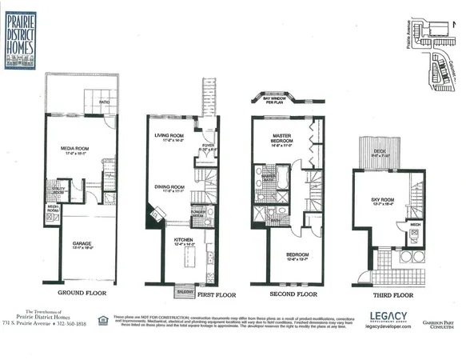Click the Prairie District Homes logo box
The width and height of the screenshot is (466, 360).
coord(25,38)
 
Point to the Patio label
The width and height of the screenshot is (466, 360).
coord(103,102)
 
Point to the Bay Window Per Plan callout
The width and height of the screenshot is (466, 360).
coord(275,98)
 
